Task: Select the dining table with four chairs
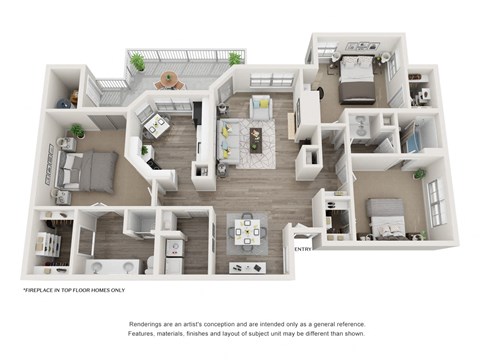(247, 231)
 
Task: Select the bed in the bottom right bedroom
(386, 216)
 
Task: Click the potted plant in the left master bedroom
(77, 130)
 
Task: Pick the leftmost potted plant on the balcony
(137, 63)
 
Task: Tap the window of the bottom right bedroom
(437, 204)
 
